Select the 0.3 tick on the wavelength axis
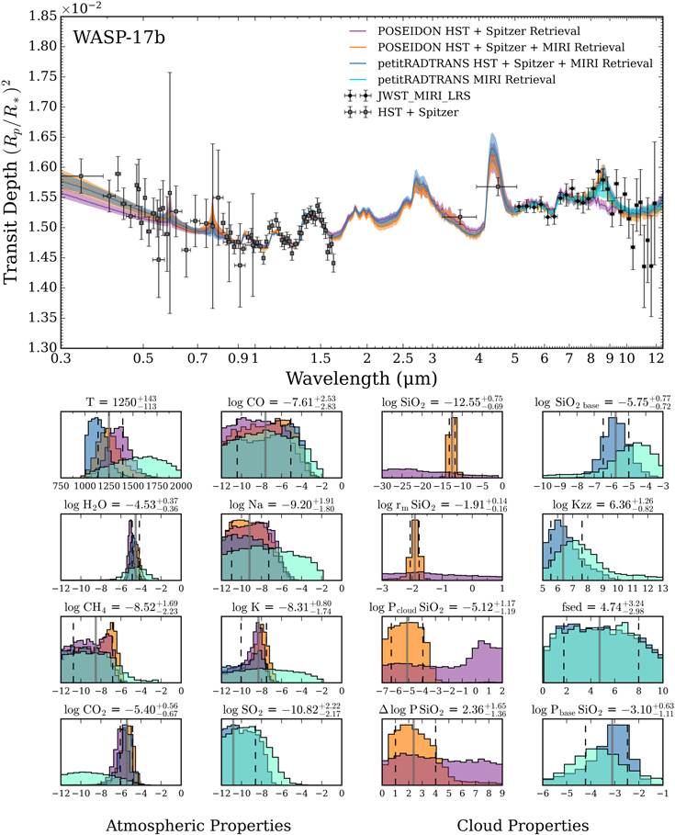click(62, 358)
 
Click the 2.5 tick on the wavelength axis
click(402, 358)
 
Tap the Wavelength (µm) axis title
click(358, 378)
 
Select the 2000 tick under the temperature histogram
click(178, 485)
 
